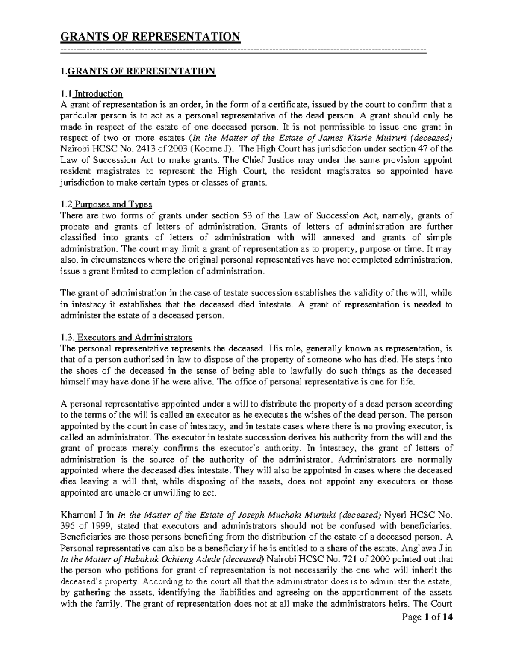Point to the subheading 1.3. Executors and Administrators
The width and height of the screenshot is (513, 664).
point(127,337)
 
